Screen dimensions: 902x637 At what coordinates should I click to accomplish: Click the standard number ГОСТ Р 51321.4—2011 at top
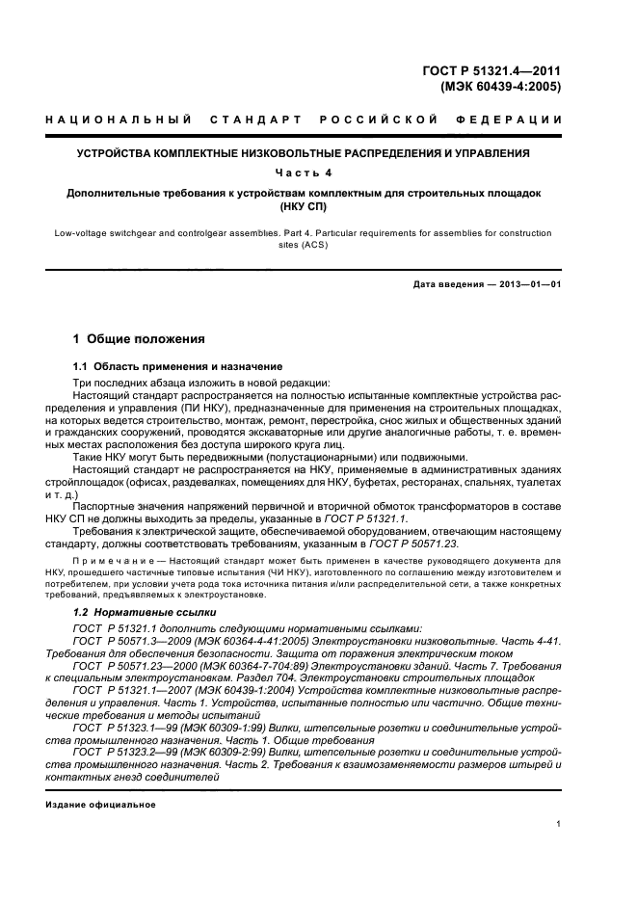point(491,68)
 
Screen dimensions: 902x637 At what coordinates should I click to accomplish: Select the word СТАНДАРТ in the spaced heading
point(249,119)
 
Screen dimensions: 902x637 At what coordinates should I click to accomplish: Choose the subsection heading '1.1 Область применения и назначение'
point(178,366)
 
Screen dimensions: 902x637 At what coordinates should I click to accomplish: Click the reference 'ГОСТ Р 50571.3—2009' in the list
point(129,641)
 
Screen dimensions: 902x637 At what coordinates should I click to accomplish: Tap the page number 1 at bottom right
point(560,824)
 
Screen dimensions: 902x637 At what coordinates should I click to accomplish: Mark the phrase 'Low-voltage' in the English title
point(84,233)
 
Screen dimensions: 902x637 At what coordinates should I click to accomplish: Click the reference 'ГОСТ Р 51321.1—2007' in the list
point(130,692)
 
